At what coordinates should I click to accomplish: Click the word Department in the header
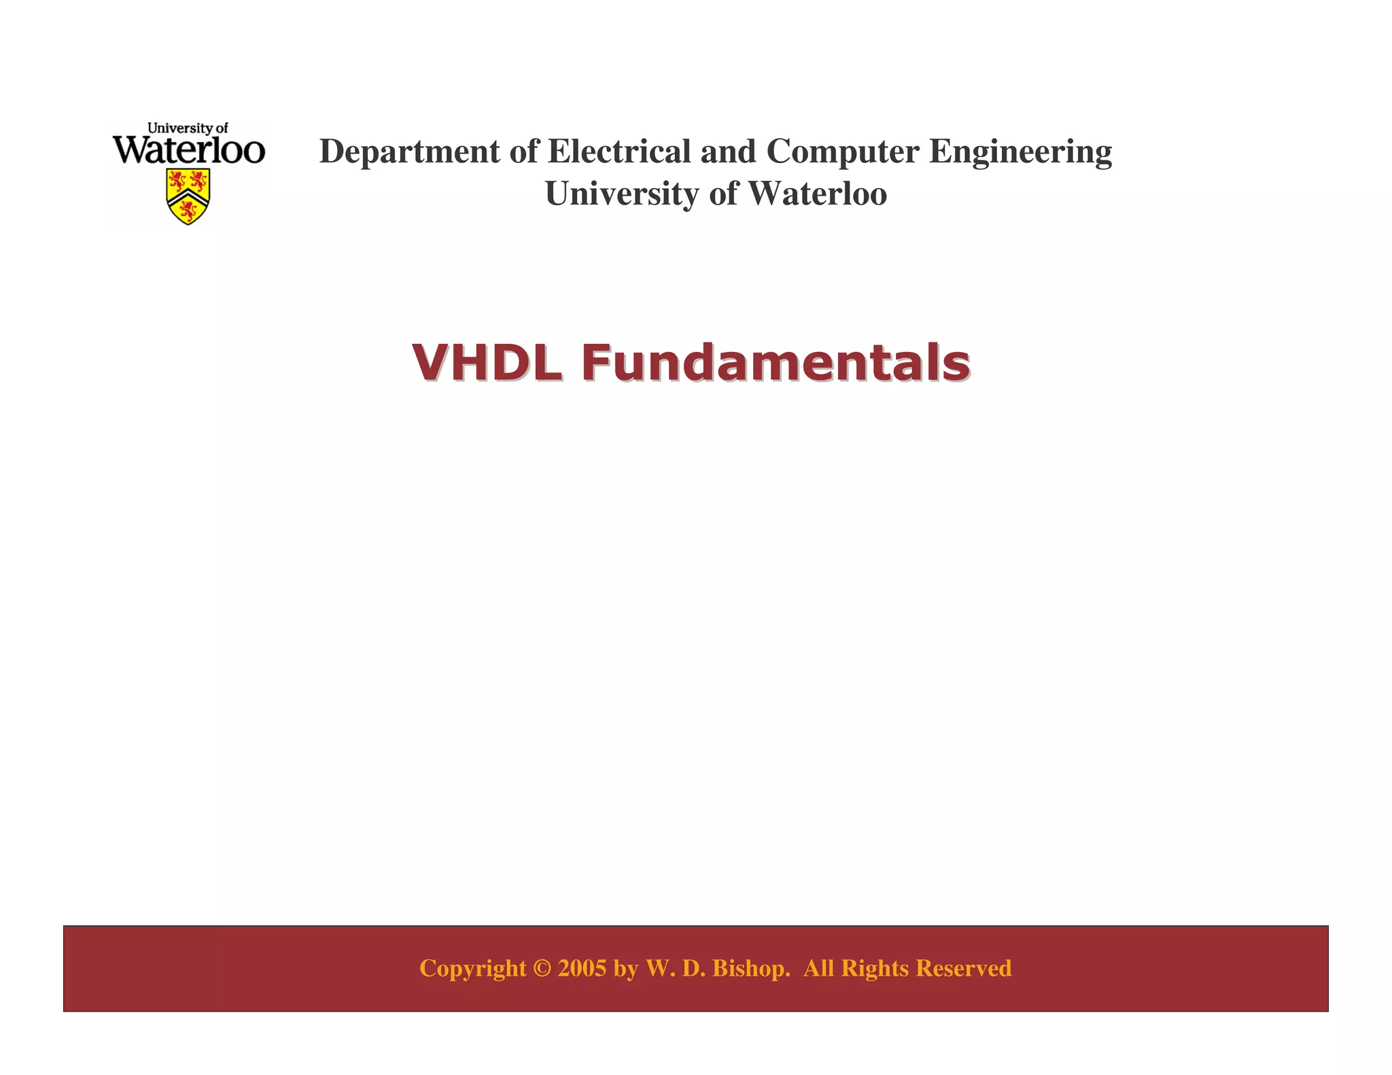[x=409, y=152]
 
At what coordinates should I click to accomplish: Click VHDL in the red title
[x=487, y=362]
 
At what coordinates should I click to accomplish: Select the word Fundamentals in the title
[x=776, y=362]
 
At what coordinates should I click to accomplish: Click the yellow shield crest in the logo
[x=188, y=196]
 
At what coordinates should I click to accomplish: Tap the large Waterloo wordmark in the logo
[x=188, y=149]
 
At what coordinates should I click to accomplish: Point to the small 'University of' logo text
[x=188, y=128]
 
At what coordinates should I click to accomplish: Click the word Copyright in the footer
[x=473, y=968]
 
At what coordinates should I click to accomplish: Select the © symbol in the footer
[x=542, y=968]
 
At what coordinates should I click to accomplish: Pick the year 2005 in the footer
[x=582, y=968]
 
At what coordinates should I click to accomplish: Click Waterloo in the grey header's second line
[x=818, y=194]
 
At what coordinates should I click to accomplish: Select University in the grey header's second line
[x=622, y=194]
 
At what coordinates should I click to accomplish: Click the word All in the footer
[x=819, y=968]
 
